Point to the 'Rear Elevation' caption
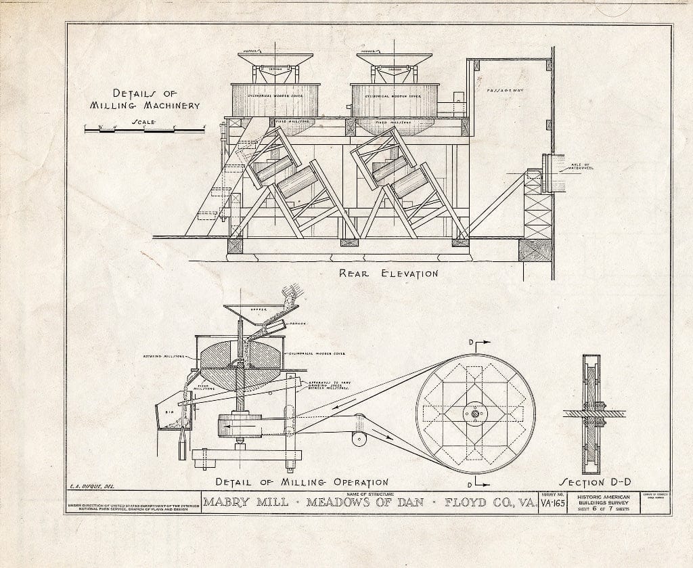pyautogui.click(x=388, y=274)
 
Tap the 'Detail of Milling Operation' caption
pyautogui.click(x=301, y=482)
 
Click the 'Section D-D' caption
pyautogui.click(x=596, y=482)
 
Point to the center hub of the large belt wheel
pyautogui.click(x=475, y=413)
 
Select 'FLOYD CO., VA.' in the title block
pyautogui.click(x=486, y=504)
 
